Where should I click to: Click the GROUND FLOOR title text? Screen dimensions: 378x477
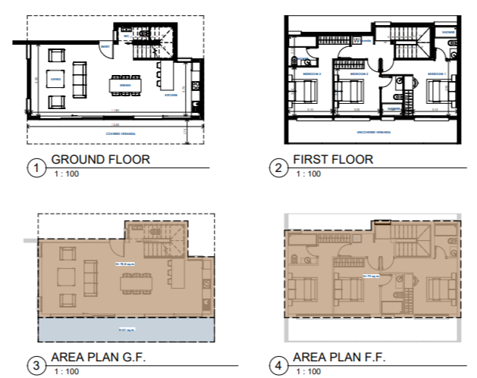tap(100, 160)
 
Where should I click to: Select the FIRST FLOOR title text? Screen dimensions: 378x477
tap(334, 160)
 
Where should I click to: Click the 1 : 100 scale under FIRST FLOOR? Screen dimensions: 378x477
tap(308, 174)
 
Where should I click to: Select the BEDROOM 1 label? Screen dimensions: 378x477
tap(435, 73)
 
